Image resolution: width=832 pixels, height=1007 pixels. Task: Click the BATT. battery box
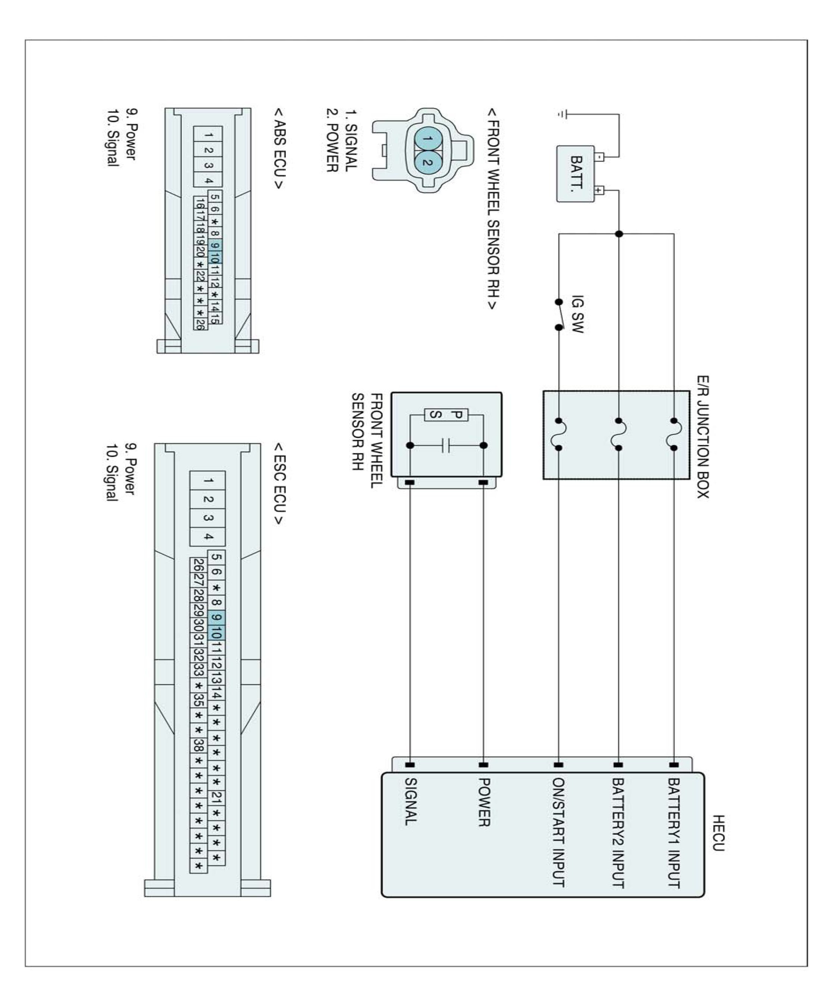(x=575, y=173)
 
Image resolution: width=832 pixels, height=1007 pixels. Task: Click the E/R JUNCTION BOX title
(x=703, y=437)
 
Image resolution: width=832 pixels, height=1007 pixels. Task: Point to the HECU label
(x=718, y=833)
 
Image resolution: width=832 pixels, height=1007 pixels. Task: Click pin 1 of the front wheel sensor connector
(x=428, y=139)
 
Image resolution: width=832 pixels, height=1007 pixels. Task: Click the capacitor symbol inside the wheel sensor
(x=446, y=446)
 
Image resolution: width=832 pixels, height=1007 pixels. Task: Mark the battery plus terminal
(x=598, y=190)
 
